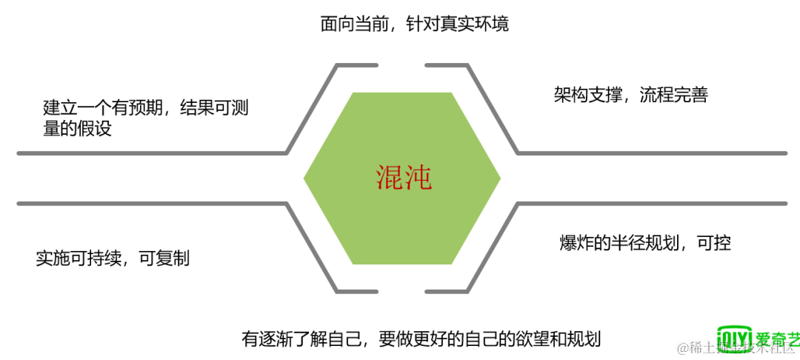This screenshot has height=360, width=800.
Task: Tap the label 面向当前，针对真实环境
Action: (414, 24)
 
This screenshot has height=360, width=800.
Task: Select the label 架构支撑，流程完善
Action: (630, 95)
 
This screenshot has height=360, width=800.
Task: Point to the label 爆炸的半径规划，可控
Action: (645, 242)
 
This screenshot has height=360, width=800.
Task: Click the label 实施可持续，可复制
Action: (113, 259)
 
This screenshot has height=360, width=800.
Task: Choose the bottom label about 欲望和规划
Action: (421, 339)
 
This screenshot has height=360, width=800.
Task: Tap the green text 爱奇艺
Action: (778, 339)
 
